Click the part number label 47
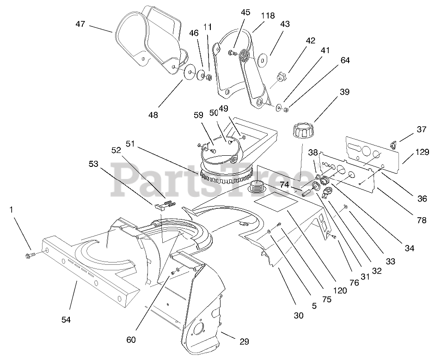[x=80, y=24]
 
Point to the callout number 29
[x=244, y=342]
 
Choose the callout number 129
[x=422, y=152]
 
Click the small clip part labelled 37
[x=393, y=145]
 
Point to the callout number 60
[x=131, y=339]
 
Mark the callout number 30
[x=299, y=316]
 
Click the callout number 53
[x=94, y=164]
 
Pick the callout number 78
[x=421, y=221]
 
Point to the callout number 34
[x=409, y=249]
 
